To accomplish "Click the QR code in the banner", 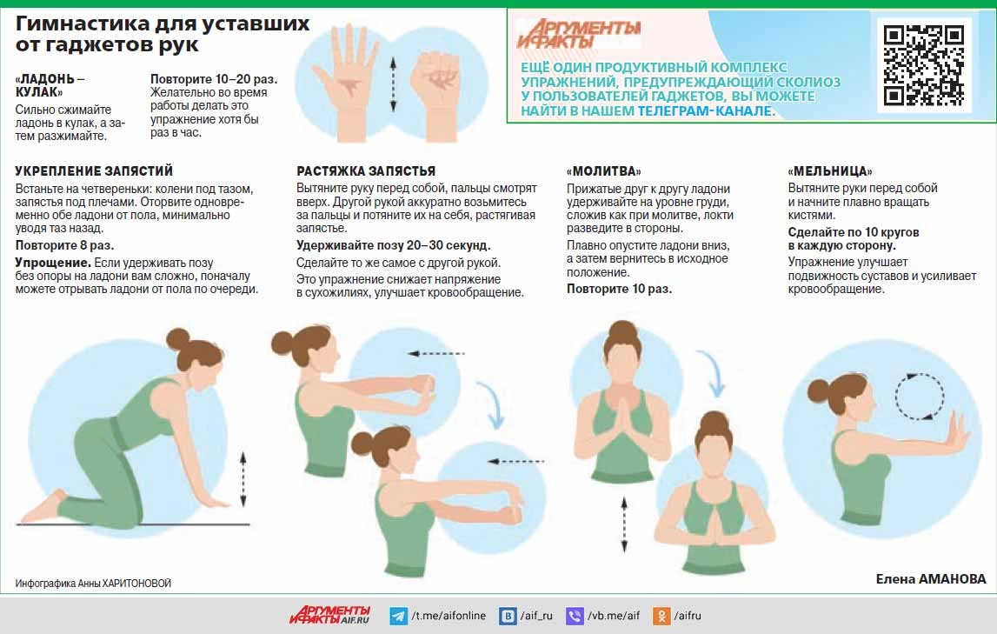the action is (x=923, y=65).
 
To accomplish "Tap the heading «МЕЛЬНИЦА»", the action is (x=830, y=171).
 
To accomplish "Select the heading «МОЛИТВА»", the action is (x=603, y=171).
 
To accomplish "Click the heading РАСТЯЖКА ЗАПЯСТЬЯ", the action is (x=366, y=171).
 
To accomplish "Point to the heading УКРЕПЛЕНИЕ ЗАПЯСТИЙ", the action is (x=94, y=171).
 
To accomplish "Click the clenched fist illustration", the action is (x=437, y=95).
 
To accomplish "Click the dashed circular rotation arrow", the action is (x=920, y=397).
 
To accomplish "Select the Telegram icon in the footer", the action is (x=399, y=616).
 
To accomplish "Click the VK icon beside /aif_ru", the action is (x=508, y=616).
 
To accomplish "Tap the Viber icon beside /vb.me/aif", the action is (x=575, y=616).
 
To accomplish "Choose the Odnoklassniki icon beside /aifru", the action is (x=661, y=616).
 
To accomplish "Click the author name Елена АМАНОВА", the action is (x=931, y=578).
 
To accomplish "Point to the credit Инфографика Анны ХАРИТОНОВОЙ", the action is (x=94, y=584).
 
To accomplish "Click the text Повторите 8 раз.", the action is (x=65, y=245).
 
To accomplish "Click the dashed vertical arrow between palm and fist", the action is (x=393, y=84).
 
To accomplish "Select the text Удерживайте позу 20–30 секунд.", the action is (x=394, y=245).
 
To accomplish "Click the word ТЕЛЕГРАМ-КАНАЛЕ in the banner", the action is (x=707, y=111).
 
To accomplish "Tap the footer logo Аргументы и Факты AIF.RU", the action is (x=330, y=615).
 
